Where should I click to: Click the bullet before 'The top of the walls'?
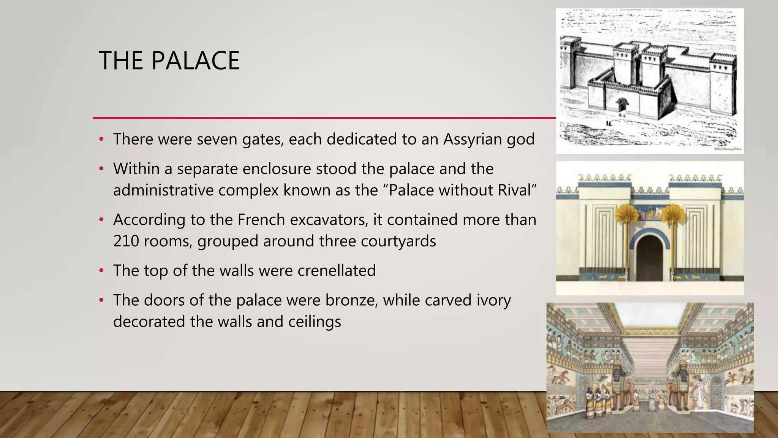101,271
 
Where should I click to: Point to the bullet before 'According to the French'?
101,220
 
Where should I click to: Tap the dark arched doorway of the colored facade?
650,259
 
